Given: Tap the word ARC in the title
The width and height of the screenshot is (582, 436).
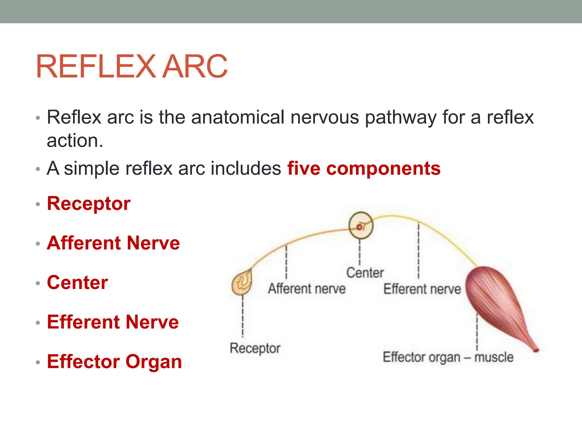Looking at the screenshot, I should coord(196,67).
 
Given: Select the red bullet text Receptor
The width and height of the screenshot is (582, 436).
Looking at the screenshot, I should coord(89,204).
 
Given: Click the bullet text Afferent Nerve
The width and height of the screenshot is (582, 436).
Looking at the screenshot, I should coord(113,243).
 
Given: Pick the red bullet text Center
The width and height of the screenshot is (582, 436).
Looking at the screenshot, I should coord(78,282).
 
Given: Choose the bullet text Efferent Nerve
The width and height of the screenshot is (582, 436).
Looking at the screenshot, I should coord(113,322).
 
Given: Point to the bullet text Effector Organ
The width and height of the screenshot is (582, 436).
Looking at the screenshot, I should coord(114,362).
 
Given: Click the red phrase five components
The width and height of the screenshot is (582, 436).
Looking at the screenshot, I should coord(364,168).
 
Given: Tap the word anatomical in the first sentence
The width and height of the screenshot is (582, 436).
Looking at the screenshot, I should coord(238,117).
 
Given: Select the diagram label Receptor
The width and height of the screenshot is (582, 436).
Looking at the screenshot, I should coord(255,348).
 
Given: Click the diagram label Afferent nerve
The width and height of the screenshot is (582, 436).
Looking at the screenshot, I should coord(307,289).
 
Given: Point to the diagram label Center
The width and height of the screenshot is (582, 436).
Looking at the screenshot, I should coord(365,273).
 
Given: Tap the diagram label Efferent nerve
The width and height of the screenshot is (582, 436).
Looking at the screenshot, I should coord(422,289).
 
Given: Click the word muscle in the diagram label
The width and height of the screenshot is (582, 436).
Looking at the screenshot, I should coord(494,357).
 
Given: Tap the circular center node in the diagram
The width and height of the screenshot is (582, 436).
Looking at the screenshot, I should coord(361,226).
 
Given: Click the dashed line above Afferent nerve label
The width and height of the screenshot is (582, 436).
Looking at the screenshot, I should coord(286,261).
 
